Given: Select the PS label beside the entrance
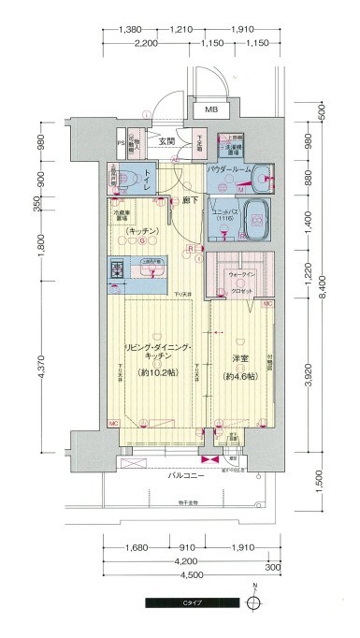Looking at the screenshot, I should pyautogui.click(x=120, y=143).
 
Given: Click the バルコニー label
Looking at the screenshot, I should pyautogui.click(x=187, y=475).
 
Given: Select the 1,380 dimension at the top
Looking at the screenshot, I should pyautogui.click(x=131, y=31).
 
